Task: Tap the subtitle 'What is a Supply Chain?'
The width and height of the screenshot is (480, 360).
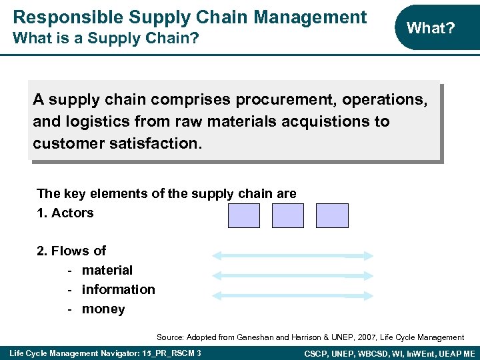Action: [x=106, y=39]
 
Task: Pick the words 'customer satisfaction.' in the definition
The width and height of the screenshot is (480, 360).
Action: [x=116, y=144]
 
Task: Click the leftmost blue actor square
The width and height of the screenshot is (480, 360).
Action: [x=244, y=216]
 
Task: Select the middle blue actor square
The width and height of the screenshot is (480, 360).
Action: [x=288, y=216]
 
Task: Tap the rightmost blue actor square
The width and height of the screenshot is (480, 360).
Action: [x=332, y=216]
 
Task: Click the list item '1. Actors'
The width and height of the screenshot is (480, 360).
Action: [x=65, y=213]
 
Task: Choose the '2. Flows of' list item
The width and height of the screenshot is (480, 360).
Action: [x=71, y=251]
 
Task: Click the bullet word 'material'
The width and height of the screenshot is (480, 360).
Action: [x=107, y=270]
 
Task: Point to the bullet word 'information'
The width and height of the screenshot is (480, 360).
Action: [x=118, y=289]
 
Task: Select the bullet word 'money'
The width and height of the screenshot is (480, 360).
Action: [x=103, y=309]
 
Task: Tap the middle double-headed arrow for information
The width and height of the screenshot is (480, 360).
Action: [x=293, y=275]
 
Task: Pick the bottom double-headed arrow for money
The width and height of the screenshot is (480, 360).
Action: [x=293, y=294]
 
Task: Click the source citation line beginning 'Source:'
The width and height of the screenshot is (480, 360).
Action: [x=310, y=337]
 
